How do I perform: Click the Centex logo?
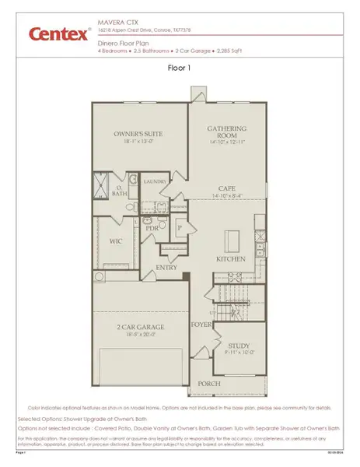pyautogui.click(x=59, y=33)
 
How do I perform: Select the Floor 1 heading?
pyautogui.click(x=179, y=68)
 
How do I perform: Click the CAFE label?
pyautogui.click(x=226, y=188)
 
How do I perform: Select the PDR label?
pyautogui.click(x=152, y=229)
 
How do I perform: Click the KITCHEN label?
pyautogui.click(x=231, y=258)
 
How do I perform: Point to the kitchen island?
pyautogui.click(x=232, y=237)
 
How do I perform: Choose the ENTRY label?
pyautogui.click(x=166, y=268)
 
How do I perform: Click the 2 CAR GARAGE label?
pyautogui.click(x=140, y=328)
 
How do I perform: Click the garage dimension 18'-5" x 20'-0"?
pyautogui.click(x=140, y=336)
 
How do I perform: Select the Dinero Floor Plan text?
pyautogui.click(x=124, y=44)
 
